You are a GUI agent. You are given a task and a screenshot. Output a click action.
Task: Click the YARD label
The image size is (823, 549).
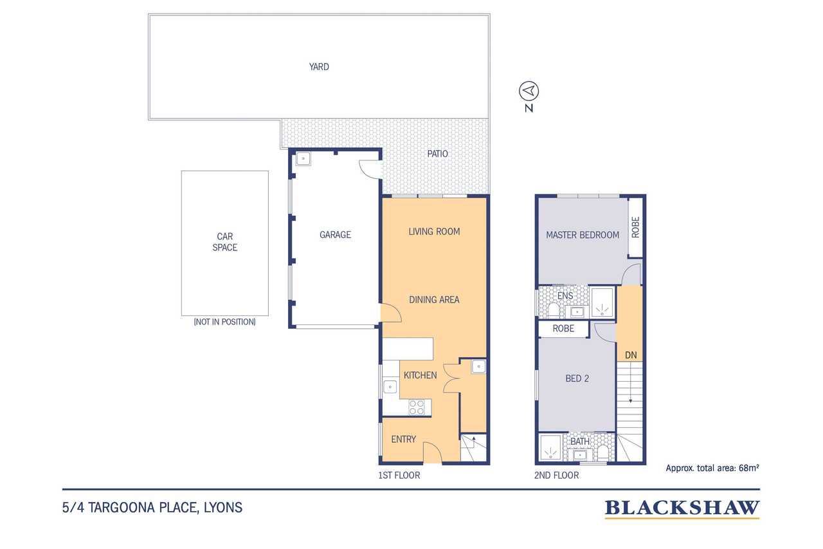click(x=319, y=67)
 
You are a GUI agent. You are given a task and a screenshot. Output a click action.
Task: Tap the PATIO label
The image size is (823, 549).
click(x=437, y=154)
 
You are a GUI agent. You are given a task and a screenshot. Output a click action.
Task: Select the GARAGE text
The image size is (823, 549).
click(x=335, y=235)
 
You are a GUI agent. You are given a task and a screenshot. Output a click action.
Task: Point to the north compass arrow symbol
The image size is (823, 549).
click(x=529, y=91)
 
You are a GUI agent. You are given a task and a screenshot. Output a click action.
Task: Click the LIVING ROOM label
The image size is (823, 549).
click(x=434, y=232)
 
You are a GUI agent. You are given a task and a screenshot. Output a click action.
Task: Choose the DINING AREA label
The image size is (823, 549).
click(x=434, y=300)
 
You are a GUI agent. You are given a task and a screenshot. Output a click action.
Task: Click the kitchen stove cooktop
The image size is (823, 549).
click(x=417, y=407)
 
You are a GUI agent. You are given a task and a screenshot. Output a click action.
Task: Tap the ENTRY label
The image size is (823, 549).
click(x=403, y=439)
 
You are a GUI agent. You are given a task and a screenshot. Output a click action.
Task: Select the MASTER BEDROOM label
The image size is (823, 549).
click(x=583, y=235)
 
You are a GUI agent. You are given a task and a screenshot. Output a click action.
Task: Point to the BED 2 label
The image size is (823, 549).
click(x=577, y=378)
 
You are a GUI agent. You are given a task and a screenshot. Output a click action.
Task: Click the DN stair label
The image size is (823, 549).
click(x=631, y=355)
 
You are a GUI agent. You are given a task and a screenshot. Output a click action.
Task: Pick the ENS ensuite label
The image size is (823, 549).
click(x=565, y=295)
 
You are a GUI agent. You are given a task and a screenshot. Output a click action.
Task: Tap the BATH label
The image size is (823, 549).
click(x=580, y=442)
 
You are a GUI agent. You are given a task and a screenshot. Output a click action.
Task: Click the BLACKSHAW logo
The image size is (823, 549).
click(x=682, y=508)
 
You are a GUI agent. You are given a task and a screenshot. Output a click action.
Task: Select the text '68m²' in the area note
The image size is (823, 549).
click(x=749, y=468)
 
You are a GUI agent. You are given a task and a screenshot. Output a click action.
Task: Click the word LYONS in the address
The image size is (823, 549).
click(x=223, y=507)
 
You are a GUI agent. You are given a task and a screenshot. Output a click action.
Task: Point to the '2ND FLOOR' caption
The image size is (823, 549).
click(x=556, y=476)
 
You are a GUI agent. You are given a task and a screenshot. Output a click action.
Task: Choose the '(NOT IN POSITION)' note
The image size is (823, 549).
click(x=224, y=322)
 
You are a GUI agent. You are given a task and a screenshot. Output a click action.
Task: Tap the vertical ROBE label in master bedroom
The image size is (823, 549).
click(x=635, y=227)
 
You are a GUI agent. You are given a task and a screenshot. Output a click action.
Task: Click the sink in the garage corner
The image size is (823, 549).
click(x=303, y=159)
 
